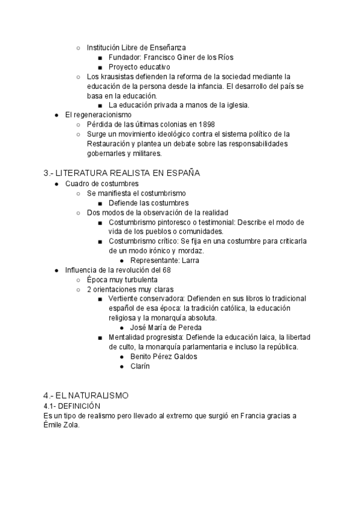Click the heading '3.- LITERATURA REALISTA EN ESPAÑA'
coord(122,173)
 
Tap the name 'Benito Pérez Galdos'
coord(163,357)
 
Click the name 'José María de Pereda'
coord(165,328)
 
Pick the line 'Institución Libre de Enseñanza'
coord(136,47)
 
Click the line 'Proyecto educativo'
coord(140,67)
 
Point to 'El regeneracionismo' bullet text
coord(98,115)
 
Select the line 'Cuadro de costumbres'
coord(102,183)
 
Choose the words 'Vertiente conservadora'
coord(147,299)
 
